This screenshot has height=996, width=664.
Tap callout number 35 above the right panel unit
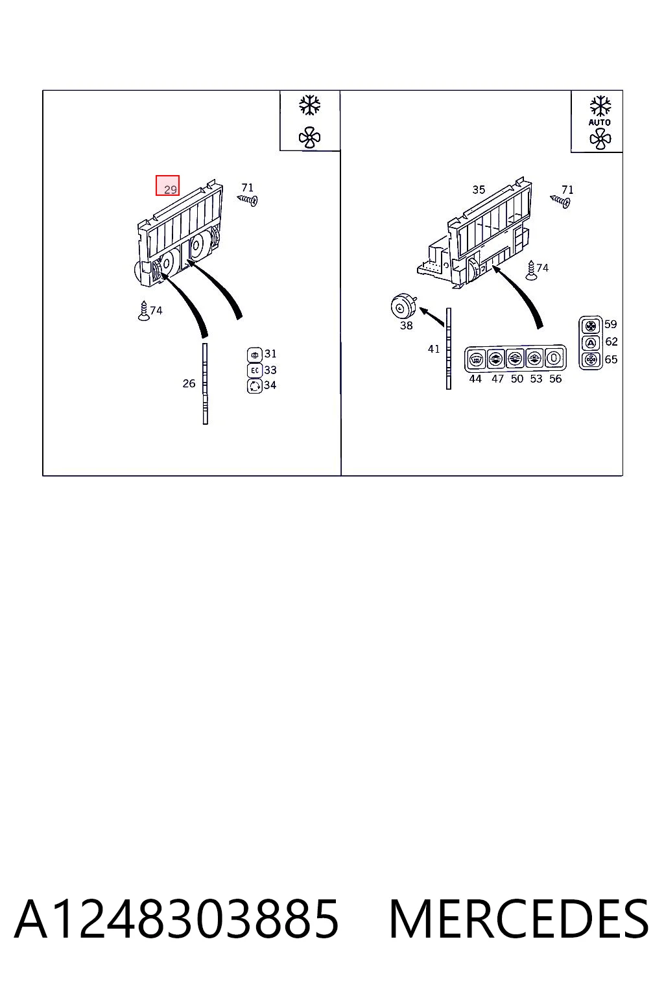tap(479, 190)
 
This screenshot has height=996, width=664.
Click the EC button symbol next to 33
tap(254, 370)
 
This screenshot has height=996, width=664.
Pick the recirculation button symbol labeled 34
tap(254, 386)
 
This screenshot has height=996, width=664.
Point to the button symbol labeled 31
tap(254, 355)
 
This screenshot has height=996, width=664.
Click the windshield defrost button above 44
tap(476, 358)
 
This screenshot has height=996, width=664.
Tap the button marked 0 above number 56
tap(554, 358)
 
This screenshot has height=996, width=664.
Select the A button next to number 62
tap(590, 342)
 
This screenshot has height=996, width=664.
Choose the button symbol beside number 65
tap(590, 359)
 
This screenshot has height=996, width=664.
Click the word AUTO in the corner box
tap(600, 123)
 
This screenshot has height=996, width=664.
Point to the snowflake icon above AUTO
tap(600, 106)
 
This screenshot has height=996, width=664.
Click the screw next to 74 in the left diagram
tap(144, 311)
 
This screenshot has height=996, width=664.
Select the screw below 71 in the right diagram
tap(560, 201)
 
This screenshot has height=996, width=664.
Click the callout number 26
tap(189, 383)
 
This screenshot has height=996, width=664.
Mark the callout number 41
tap(434, 349)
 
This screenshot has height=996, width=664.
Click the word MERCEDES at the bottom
tap(519, 919)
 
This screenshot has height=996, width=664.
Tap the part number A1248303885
tap(176, 919)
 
